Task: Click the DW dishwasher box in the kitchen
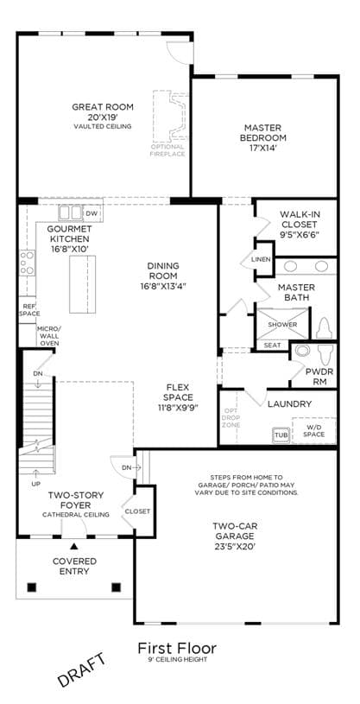[x=92, y=212]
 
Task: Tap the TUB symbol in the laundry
[x=280, y=435]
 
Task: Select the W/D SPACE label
[x=313, y=431]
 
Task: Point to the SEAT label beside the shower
[x=273, y=346]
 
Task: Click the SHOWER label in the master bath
[x=282, y=324]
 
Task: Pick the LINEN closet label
[x=261, y=259]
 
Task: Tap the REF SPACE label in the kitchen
[x=29, y=310]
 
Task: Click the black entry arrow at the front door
[x=74, y=547]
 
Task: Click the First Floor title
[x=177, y=649]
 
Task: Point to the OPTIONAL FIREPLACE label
[x=167, y=150]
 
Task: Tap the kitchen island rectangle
[x=82, y=284]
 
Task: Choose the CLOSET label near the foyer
[x=137, y=511]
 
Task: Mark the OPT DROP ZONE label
[x=231, y=417]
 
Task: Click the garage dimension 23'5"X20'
[x=235, y=547]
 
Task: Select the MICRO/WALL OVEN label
[x=48, y=336]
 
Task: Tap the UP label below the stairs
[x=36, y=484]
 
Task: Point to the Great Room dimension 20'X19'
[x=103, y=117]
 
